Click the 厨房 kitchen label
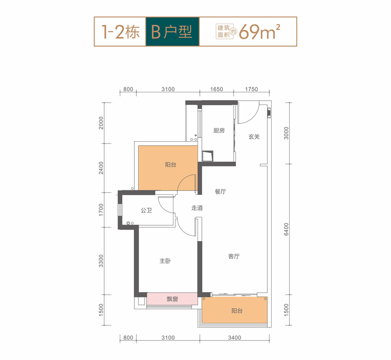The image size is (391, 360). pos(219,130)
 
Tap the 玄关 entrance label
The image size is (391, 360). pos(254,136)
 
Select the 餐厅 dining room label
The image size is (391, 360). pos(220,191)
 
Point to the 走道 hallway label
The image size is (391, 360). pos(197,208)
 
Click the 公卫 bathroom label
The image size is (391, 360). pos(146,210)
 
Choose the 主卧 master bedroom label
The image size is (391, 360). pos(165,261)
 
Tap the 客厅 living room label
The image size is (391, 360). pos(234,256)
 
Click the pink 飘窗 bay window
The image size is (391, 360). pos(173,299)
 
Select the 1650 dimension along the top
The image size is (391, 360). pos(217,89)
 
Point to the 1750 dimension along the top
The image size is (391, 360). pos(251,89)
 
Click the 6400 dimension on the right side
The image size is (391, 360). pos(286,229)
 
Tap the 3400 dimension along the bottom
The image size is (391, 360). pos(235,338)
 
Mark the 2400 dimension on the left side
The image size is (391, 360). pos(101,168)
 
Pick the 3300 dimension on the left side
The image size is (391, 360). pos(101,260)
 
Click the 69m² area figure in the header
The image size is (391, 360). pos(260,32)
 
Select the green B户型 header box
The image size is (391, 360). pos(173,32)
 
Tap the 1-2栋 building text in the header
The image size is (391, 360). pos(120,32)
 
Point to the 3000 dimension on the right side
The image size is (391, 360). pos(286,133)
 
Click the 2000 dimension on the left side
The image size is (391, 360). pos(101,123)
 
